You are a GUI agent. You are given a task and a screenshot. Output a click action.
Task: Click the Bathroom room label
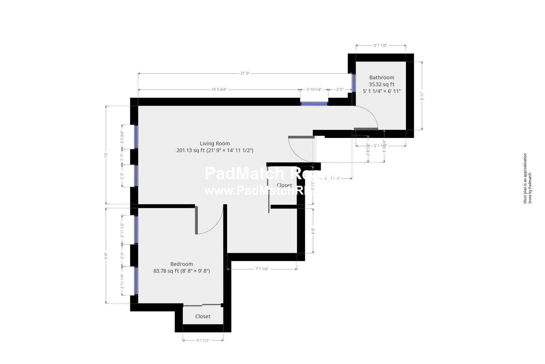[x=381, y=78]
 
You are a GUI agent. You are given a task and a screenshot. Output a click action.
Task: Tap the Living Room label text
[x=215, y=144]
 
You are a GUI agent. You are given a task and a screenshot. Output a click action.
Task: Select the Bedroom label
[x=181, y=264]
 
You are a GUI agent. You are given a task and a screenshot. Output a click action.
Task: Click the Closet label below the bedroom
[x=203, y=317]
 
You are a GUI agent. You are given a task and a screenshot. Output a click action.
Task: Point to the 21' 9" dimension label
[x=245, y=73]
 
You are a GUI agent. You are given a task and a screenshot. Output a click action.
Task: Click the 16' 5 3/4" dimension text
[x=219, y=90]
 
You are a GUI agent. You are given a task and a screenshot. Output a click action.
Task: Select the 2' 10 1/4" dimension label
[x=314, y=90]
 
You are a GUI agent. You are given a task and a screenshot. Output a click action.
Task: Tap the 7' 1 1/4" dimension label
[x=262, y=269]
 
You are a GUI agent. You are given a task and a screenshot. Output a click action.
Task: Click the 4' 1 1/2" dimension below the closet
[x=203, y=340]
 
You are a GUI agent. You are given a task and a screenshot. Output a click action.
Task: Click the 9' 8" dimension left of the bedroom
[x=106, y=256]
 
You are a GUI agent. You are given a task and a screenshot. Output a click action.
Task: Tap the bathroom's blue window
[x=354, y=83]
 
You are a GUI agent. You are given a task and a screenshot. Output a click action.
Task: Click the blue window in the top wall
[x=314, y=104]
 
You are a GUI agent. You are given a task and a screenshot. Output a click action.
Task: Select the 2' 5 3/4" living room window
[x=136, y=137]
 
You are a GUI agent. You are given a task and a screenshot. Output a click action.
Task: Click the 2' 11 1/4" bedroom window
[x=136, y=281]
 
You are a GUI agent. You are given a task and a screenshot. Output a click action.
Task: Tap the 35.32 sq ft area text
[x=381, y=84]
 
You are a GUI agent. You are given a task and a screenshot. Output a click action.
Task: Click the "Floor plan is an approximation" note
[x=525, y=178]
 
